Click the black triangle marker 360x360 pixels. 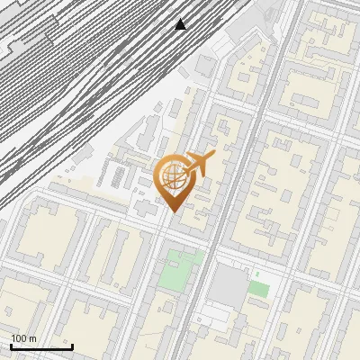181,24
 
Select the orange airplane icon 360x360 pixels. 197,165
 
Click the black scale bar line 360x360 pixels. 41,346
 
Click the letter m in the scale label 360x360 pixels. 33,339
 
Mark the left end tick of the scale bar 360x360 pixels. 11,345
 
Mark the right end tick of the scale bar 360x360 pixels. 72,345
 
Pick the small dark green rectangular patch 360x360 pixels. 259,289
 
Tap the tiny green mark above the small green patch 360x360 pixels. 257,274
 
